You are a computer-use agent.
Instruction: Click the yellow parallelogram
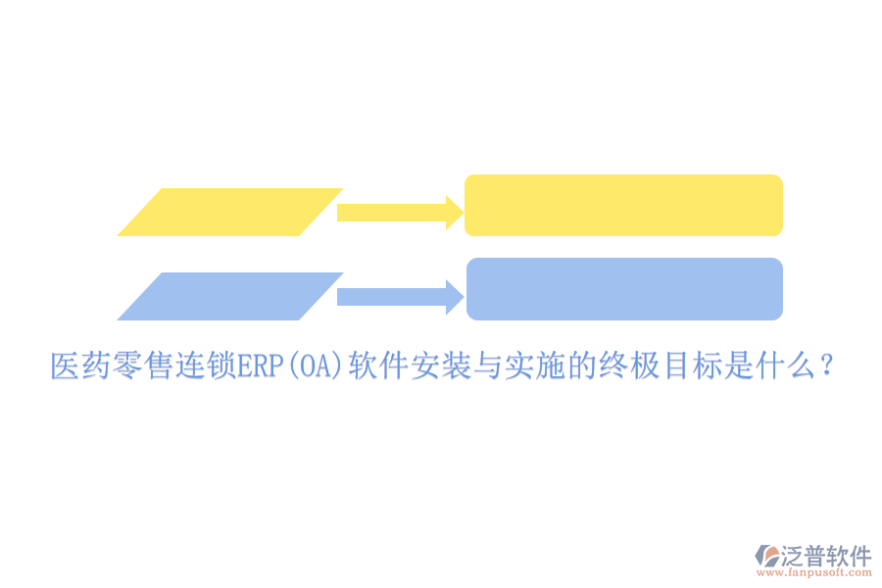point(230,212)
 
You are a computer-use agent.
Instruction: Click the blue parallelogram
point(230,296)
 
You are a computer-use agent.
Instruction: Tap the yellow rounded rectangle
point(623,205)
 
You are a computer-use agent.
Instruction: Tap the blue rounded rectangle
point(624,289)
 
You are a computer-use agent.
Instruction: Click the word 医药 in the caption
point(80,367)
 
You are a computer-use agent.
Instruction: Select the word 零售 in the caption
point(143,367)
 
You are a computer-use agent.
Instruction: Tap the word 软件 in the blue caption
point(379,367)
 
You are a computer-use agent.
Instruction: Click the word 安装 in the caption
point(441,367)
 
